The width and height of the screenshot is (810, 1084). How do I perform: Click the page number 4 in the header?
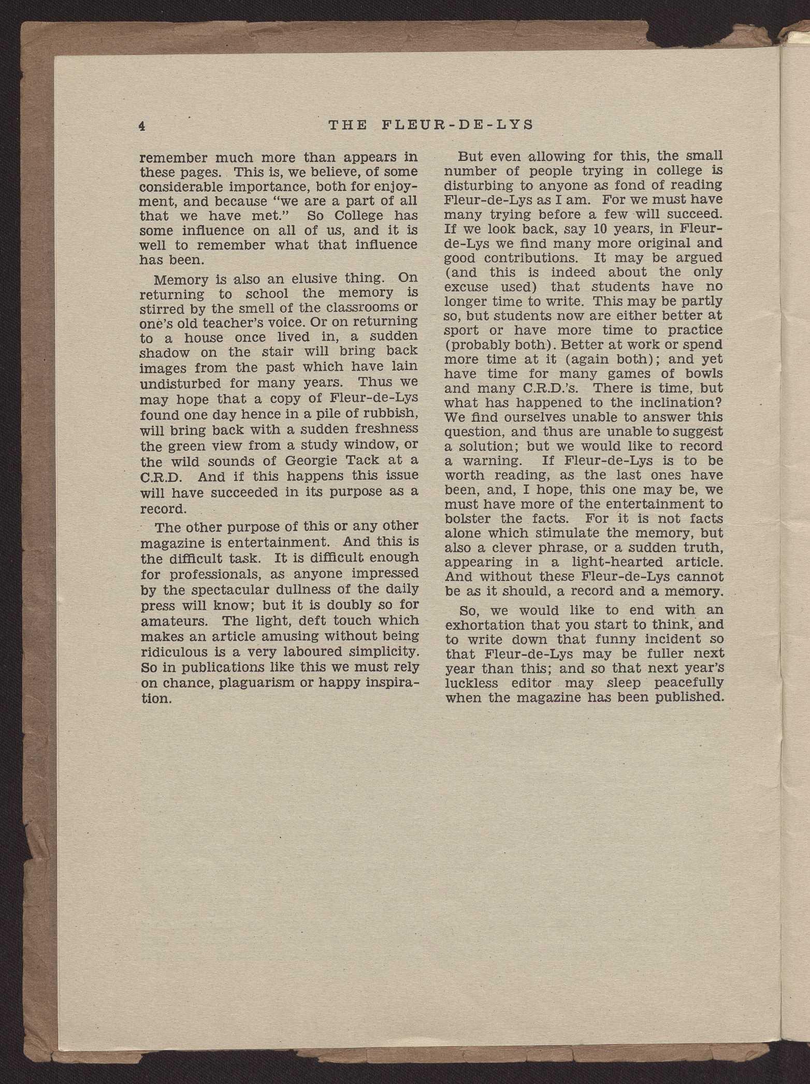click(141, 126)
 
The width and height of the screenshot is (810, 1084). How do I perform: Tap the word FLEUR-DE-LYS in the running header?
click(460, 125)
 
